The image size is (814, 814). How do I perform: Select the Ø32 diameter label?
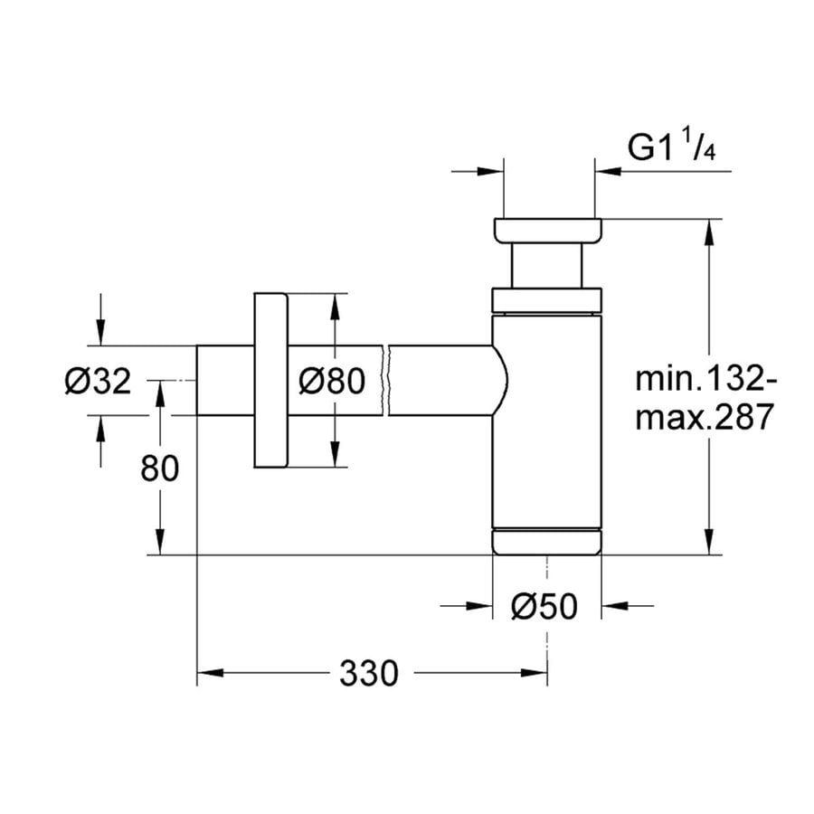point(98,381)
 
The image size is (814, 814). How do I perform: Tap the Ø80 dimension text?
point(331,381)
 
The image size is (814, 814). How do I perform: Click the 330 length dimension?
point(369,673)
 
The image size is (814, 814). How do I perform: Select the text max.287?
point(704,418)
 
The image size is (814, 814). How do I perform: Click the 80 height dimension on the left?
point(160,468)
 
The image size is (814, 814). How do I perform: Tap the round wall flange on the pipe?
point(270,381)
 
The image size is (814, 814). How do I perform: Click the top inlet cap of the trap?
point(546,231)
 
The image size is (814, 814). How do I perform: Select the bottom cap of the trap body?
point(546,540)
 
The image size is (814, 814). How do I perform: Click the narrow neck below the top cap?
point(546,267)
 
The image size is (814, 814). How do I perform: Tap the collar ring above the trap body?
point(546,300)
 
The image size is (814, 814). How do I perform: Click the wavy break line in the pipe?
point(387,381)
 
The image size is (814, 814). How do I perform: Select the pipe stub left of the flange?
point(225,381)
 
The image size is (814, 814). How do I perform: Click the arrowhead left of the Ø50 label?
point(479,608)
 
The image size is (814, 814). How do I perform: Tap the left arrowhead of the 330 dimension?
point(209,673)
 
